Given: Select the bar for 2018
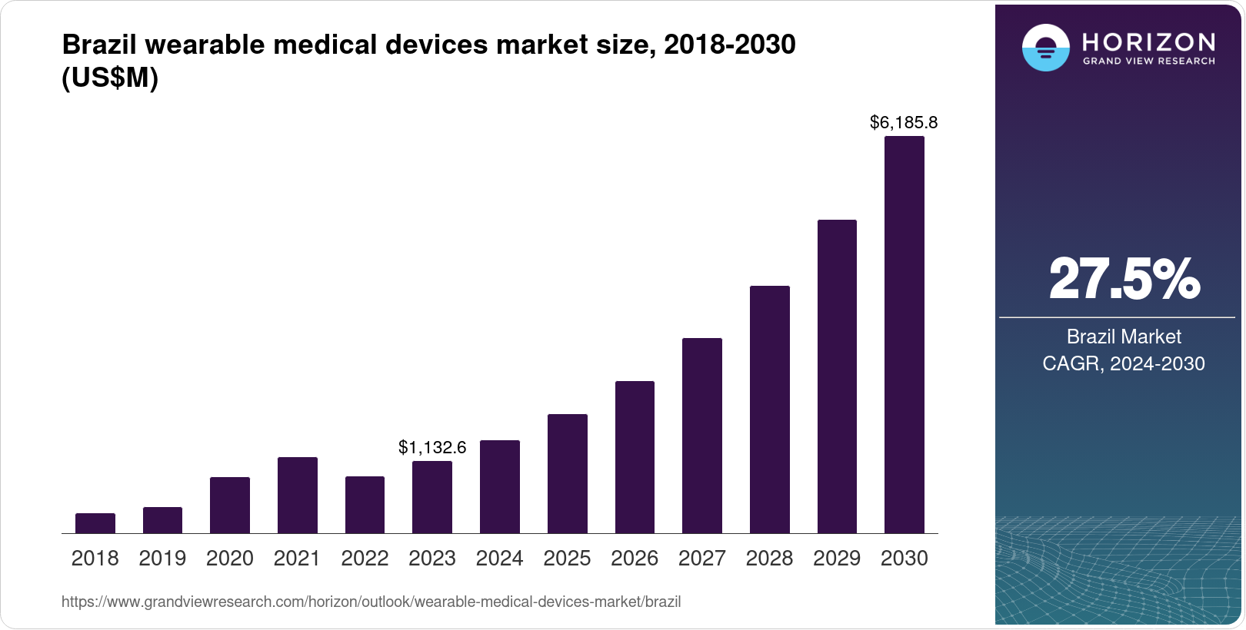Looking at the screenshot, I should click(x=95, y=523).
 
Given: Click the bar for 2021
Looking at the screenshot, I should click(x=298, y=496).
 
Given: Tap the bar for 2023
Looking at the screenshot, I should click(x=432, y=497).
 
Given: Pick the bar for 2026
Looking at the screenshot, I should click(x=635, y=457).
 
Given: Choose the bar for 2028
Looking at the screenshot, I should click(x=769, y=409).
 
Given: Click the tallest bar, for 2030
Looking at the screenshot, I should click(x=905, y=335).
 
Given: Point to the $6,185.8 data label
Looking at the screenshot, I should click(x=904, y=122).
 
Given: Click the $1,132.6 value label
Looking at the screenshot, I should click(x=432, y=447).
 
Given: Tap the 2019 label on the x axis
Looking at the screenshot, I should click(x=162, y=559).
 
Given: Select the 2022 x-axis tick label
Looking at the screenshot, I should click(x=365, y=559).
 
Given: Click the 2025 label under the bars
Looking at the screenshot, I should click(x=567, y=559).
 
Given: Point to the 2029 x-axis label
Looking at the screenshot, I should click(x=837, y=559).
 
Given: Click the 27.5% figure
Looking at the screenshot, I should click(x=1124, y=279).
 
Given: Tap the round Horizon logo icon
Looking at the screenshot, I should click(x=1045, y=48).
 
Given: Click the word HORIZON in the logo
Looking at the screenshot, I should click(x=1148, y=41).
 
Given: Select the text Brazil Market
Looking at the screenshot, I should click(x=1124, y=337).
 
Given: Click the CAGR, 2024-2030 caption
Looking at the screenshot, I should click(x=1124, y=363).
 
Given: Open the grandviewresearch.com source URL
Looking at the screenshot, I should click(x=371, y=602).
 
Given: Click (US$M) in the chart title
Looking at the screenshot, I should click(x=110, y=78).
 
